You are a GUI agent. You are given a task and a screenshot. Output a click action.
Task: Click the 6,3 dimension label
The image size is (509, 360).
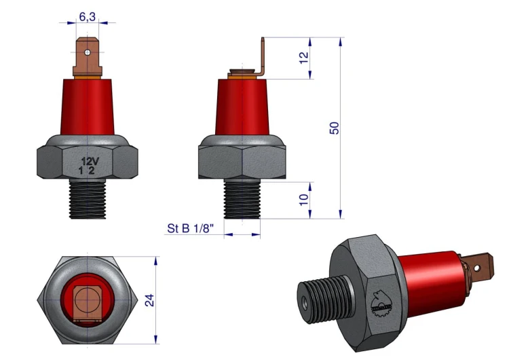click(x=88, y=16)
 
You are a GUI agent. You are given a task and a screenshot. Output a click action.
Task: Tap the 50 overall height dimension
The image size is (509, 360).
click(x=334, y=128)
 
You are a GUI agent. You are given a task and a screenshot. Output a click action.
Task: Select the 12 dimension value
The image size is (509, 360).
click(x=303, y=58)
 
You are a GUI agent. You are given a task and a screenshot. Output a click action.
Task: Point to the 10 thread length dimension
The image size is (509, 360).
click(x=304, y=200)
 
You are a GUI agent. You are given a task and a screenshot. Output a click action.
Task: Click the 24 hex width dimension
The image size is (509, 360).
click(x=149, y=300)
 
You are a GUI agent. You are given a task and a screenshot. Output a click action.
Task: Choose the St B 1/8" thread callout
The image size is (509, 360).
click(x=191, y=228)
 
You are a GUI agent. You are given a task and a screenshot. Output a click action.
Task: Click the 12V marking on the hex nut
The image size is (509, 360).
click(x=90, y=161)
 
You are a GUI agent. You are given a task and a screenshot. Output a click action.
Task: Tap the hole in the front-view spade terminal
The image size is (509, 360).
click(x=87, y=52)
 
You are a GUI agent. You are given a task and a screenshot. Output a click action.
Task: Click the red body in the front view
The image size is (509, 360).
click(x=88, y=107)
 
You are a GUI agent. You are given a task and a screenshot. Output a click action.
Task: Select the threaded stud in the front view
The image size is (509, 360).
click(x=88, y=198)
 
